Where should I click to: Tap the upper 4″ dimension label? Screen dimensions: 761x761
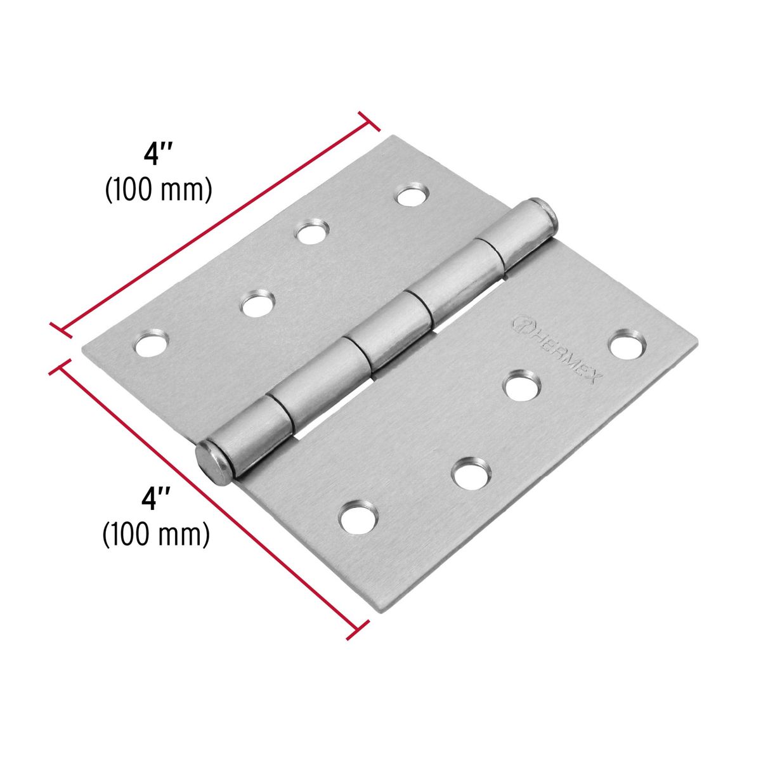[x=158, y=155]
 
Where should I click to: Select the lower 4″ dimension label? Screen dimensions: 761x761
[x=157, y=498]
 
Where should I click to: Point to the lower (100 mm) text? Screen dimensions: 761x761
[x=156, y=534]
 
